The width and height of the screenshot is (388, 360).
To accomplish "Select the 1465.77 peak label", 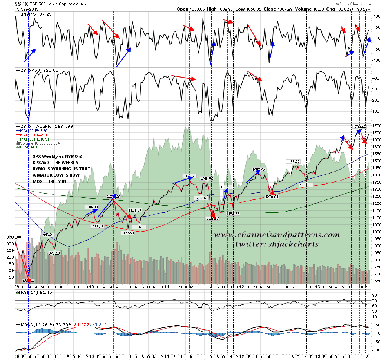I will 292,161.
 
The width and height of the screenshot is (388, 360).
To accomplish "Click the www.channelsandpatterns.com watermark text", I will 277,235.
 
